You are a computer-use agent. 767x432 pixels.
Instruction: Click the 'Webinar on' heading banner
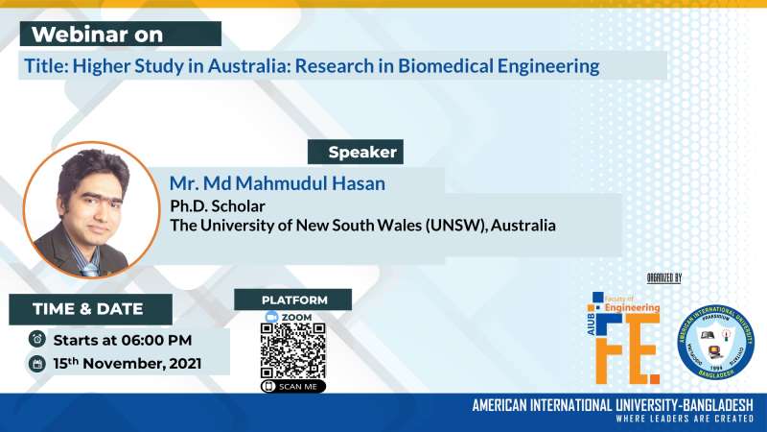tap(121, 35)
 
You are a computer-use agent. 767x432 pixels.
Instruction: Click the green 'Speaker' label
tap(355, 152)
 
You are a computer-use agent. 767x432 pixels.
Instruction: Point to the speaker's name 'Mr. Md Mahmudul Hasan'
tap(296, 182)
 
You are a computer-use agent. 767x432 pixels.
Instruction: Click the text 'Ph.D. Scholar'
tap(217, 205)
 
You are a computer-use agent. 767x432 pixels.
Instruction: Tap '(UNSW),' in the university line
tap(454, 227)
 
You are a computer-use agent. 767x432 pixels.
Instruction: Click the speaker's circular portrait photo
tap(90, 210)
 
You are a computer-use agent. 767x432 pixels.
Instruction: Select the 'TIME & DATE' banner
tap(89, 309)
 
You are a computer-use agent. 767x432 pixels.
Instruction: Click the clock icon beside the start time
tap(37, 339)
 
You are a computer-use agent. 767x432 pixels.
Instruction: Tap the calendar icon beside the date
tap(37, 364)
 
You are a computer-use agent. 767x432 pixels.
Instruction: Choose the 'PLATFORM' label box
tap(293, 300)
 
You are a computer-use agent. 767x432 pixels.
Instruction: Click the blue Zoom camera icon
tap(271, 317)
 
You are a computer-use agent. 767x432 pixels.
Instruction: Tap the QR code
tap(292, 351)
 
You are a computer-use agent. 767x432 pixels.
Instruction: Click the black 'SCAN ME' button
tap(292, 386)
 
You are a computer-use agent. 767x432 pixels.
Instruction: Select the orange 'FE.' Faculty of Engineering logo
tap(626, 336)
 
